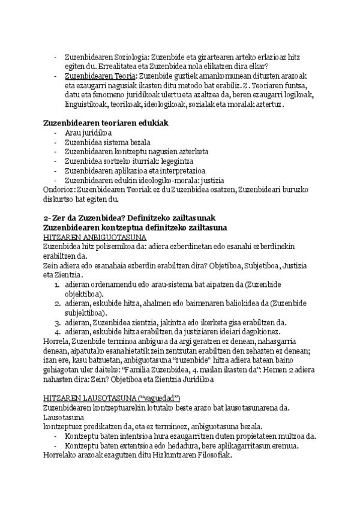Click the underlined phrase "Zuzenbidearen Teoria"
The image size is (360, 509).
pos(100,76)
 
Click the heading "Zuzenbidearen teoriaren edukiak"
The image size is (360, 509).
pos(105,122)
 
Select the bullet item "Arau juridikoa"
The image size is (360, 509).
pos(88,133)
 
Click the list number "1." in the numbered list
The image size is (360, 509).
pos(58,285)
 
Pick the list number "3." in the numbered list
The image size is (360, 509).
pos(58,322)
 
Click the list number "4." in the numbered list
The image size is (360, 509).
pos(58,332)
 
